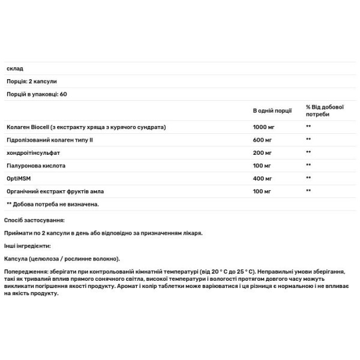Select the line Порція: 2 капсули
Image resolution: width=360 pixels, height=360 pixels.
(31, 81)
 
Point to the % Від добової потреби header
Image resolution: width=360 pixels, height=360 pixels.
(325, 111)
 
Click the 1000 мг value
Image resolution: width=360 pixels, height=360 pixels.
(264, 127)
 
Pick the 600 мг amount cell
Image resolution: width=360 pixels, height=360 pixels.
(262, 140)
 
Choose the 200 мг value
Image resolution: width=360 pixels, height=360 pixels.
(262, 152)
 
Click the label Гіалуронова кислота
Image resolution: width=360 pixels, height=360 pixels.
(35, 165)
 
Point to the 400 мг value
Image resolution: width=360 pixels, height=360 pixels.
(262, 178)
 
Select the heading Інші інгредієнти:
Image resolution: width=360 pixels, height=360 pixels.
(28, 246)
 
